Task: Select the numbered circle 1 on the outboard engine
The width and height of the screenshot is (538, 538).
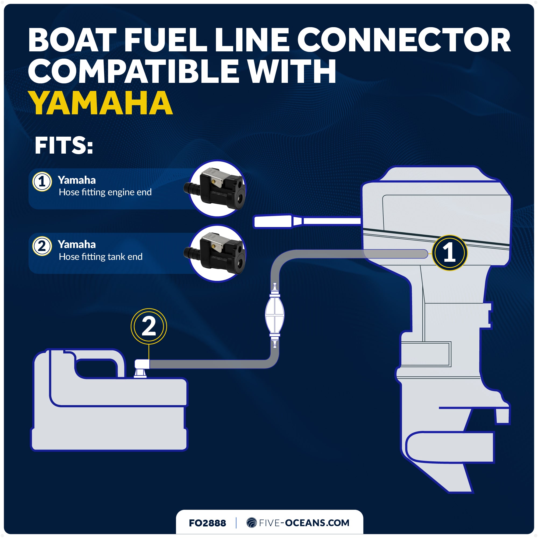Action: pos(449,253)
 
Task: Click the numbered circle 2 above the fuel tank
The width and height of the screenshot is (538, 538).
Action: pos(149,326)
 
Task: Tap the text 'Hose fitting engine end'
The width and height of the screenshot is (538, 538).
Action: pos(105,192)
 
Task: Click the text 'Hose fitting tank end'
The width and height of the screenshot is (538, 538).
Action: pos(101,256)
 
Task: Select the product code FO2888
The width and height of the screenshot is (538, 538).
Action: pos(207,523)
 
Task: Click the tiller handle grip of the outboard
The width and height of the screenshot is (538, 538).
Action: pos(273,222)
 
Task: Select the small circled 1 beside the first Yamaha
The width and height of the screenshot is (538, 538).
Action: pos(42,182)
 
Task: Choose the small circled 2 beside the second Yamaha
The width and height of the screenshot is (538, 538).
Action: pos(42,246)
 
